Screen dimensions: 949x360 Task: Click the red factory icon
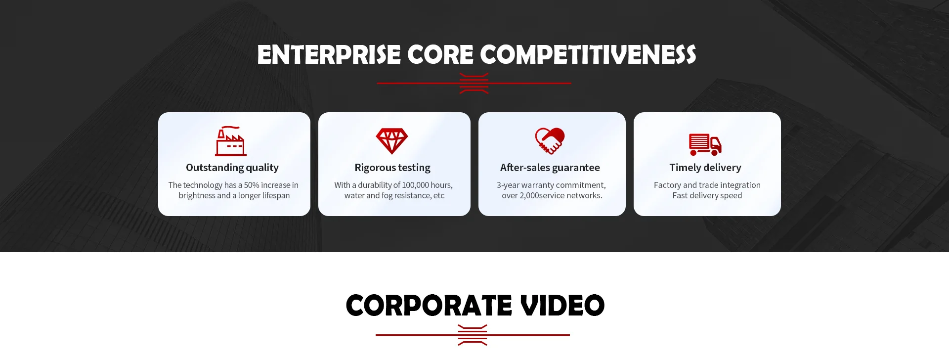[x=230, y=141]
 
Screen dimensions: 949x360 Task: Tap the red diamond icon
[x=392, y=141]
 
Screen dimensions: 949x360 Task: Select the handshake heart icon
[x=550, y=141]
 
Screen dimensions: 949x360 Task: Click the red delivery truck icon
[x=705, y=144]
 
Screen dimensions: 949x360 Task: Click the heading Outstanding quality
[x=232, y=168]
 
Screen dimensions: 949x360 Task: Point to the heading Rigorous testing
[x=392, y=168]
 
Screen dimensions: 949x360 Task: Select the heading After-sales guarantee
[x=550, y=168]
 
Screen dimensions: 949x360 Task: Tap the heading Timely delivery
[x=705, y=168]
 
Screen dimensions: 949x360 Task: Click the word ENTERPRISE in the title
[x=329, y=54]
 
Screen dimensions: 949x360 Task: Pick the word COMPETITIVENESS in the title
[x=588, y=54]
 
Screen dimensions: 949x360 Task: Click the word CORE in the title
[x=440, y=54]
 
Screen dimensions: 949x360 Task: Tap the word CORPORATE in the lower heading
[x=429, y=305]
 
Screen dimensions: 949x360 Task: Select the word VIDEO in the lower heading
[x=562, y=305]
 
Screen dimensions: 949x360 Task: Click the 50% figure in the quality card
[x=252, y=185]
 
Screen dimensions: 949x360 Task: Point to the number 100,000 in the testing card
[x=416, y=185]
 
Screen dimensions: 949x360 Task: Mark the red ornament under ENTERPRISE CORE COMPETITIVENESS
[x=474, y=83]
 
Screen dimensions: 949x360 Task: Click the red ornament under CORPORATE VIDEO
[x=473, y=335]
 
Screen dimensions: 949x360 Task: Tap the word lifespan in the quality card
[x=276, y=195]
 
